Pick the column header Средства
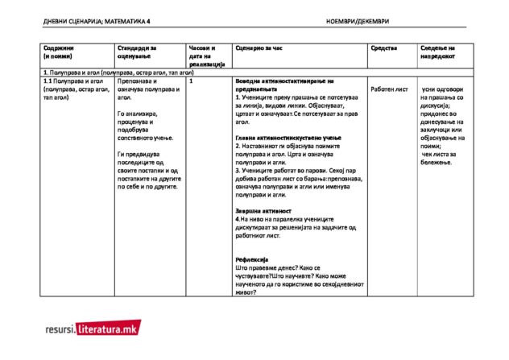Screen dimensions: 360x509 [x=383, y=49]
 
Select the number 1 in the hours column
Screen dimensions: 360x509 [x=189, y=81]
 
